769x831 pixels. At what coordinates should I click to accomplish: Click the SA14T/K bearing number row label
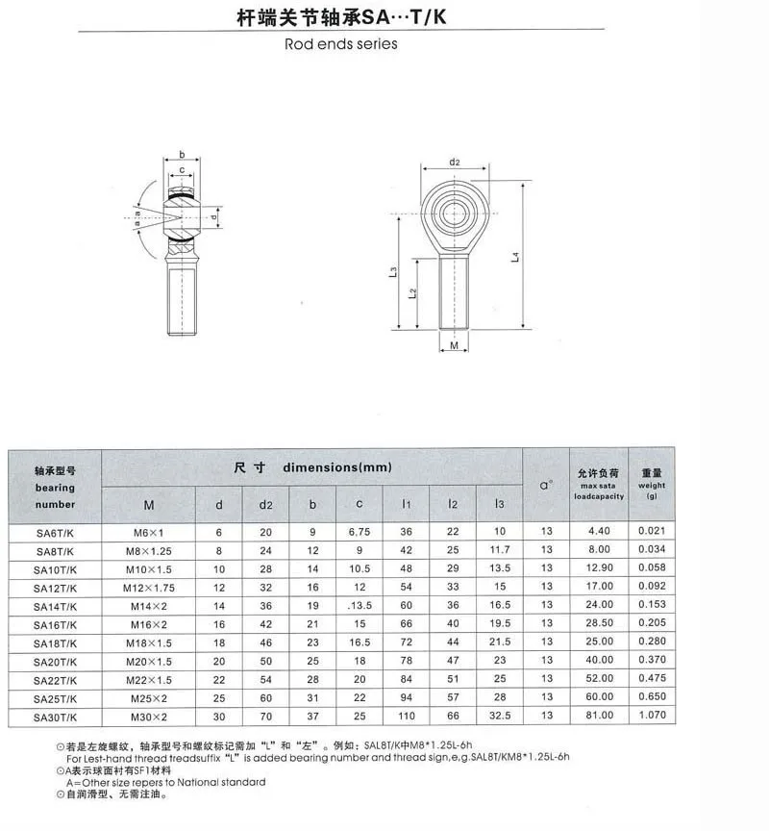pos(55,606)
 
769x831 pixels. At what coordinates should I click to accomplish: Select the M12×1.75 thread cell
pos(149,588)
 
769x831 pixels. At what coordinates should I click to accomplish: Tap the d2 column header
pos(266,505)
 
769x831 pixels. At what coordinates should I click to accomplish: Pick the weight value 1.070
pos(652,715)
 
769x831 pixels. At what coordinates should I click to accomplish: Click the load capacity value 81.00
pos(600,715)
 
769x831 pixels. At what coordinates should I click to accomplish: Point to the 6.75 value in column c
pos(360,532)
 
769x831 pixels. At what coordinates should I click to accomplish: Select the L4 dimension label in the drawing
pos(515,257)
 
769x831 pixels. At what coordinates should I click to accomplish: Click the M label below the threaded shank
pos(454,345)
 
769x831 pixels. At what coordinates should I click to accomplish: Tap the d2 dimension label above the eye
pos(455,162)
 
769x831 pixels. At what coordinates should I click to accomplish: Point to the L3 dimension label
pos(392,271)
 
